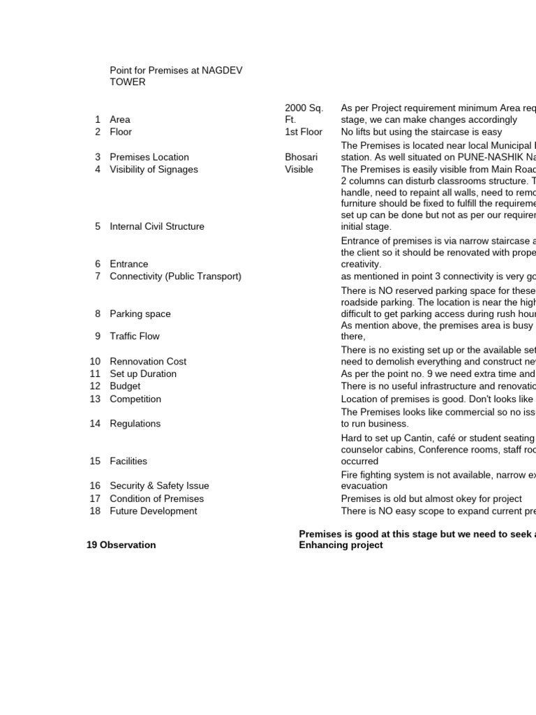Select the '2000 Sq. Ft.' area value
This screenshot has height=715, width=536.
(304, 114)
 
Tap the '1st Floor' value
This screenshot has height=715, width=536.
(304, 132)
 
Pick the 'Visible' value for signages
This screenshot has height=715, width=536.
(299, 170)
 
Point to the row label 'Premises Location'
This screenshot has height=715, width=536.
(149, 157)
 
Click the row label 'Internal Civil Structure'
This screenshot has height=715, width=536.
(157, 226)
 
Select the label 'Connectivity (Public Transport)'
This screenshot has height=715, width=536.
(175, 277)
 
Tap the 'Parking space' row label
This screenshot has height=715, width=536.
(140, 314)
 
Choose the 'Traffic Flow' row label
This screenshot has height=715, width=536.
(135, 337)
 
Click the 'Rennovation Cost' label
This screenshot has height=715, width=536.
(148, 362)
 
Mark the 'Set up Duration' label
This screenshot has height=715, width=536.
(143, 374)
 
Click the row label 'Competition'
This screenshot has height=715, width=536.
(135, 399)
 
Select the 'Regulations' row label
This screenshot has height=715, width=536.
(135, 424)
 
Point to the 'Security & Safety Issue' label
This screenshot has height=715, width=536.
(159, 486)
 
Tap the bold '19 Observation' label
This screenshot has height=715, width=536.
(121, 545)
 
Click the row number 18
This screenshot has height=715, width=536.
(95, 511)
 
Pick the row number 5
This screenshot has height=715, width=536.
(98, 226)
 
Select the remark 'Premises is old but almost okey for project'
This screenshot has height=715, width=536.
(431, 499)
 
